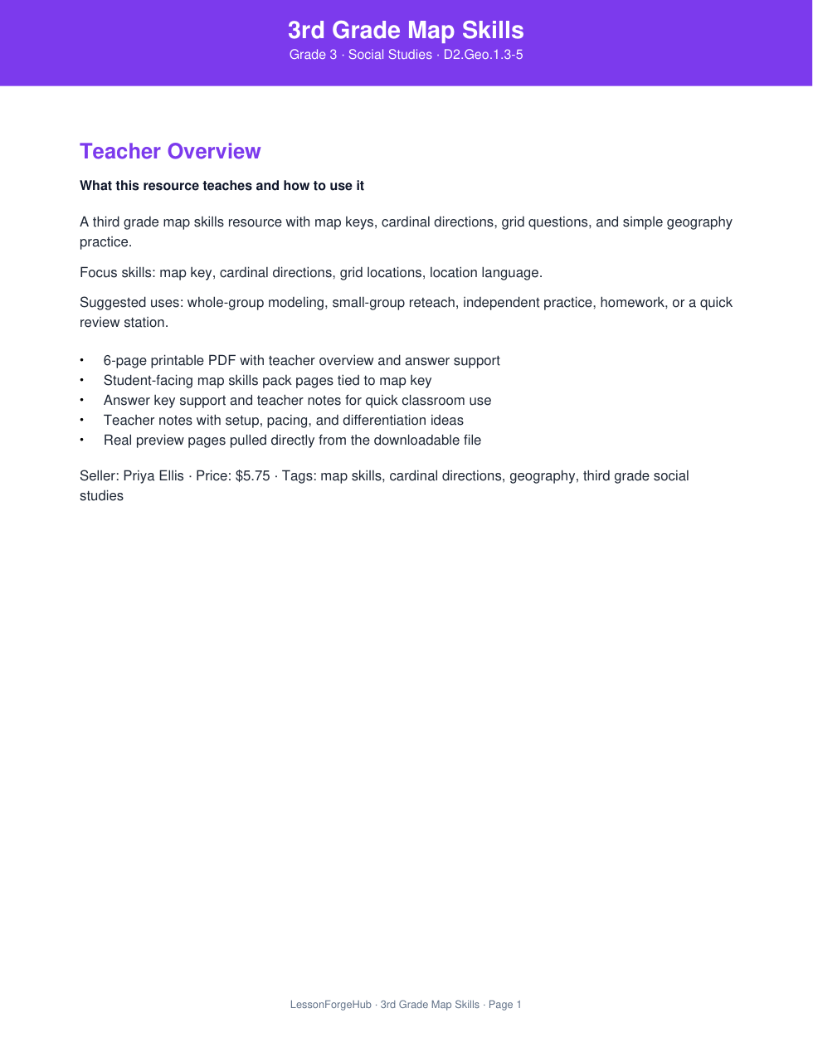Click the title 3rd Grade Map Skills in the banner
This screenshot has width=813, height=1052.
click(406, 31)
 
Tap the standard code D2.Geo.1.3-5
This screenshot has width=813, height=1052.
click(483, 55)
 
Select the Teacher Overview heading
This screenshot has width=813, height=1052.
click(170, 151)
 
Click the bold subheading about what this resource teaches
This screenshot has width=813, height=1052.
click(222, 186)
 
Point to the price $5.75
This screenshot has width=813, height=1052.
click(252, 476)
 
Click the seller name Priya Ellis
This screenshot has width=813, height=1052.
click(153, 476)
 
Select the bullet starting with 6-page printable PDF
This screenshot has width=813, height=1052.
click(301, 361)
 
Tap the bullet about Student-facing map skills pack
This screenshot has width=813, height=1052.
click(267, 381)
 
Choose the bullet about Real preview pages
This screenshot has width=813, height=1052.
click(292, 441)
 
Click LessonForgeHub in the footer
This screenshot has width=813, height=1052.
click(330, 1005)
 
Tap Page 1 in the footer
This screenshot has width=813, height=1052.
click(505, 1005)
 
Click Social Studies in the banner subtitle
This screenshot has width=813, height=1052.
click(390, 55)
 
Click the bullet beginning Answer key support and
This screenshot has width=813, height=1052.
click(297, 401)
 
